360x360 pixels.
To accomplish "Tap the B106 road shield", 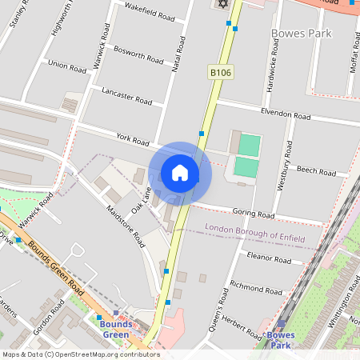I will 221,73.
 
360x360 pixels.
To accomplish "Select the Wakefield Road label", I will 149,11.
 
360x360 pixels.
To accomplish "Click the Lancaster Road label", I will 126,96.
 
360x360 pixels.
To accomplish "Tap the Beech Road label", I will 316,170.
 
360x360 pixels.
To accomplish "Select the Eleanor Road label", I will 270,258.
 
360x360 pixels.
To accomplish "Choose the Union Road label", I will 66,64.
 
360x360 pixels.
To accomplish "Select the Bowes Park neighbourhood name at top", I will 302,34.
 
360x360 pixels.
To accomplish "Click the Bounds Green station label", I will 115,329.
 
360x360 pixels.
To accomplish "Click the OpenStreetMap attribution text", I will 80,354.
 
